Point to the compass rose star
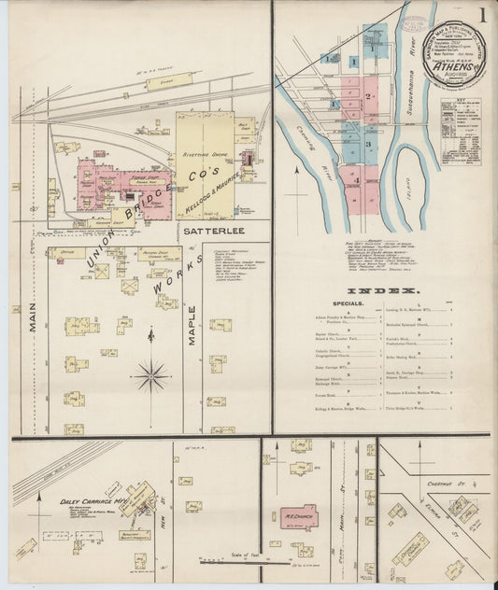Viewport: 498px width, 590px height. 150,376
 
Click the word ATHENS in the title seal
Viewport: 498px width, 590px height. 450,65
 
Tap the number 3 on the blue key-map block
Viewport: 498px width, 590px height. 368,145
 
